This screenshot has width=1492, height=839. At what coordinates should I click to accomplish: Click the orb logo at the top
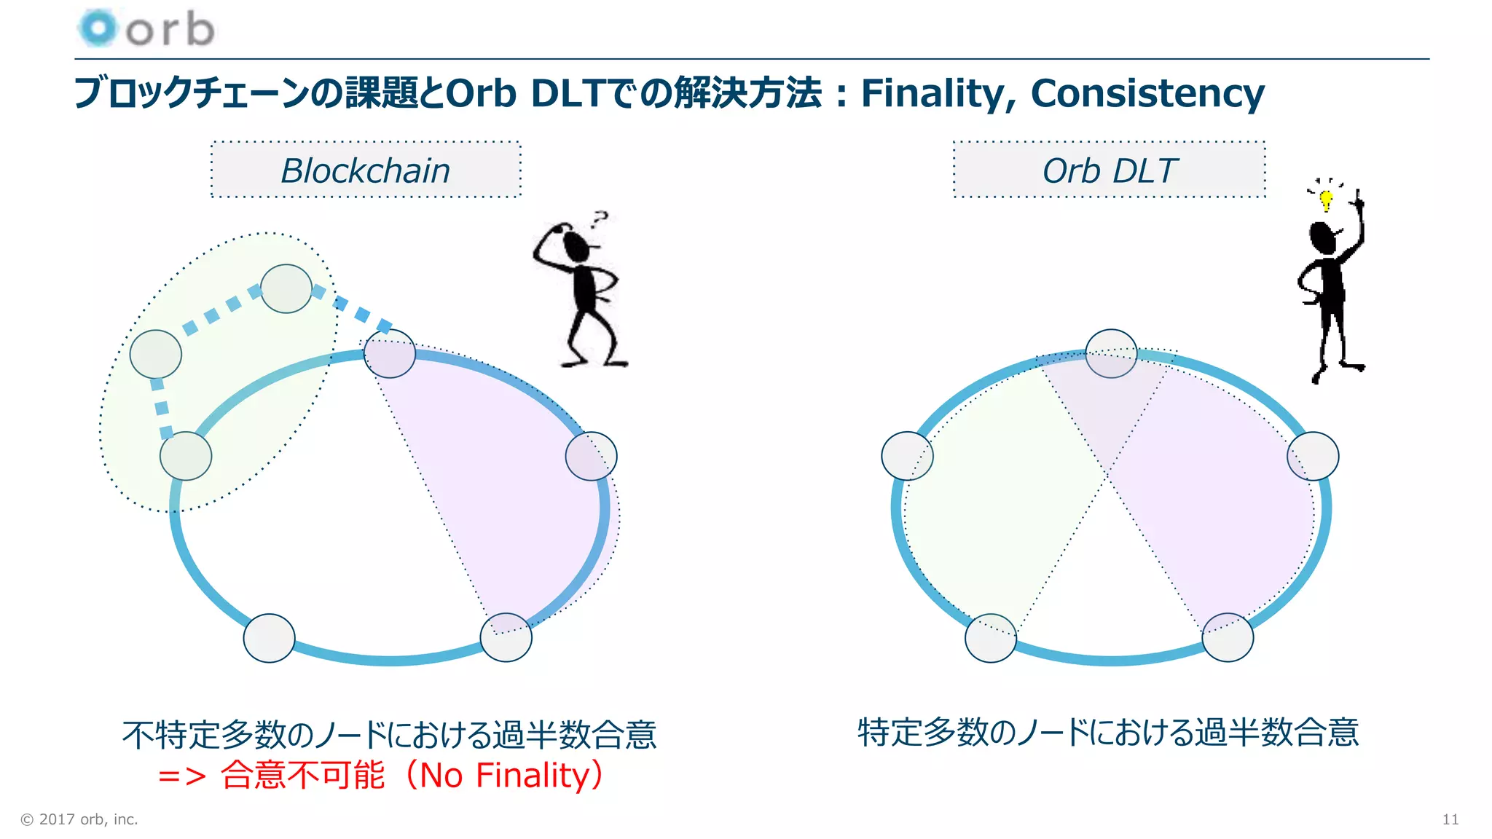pos(146,29)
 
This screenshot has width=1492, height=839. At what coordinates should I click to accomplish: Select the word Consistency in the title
pos(1147,93)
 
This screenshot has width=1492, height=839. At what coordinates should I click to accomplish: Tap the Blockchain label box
pos(366,170)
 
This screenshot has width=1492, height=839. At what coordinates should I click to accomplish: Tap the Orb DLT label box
pos(1109,170)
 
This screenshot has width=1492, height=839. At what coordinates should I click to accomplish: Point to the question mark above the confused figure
pos(600,218)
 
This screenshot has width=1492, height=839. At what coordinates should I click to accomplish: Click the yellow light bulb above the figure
pos(1326,199)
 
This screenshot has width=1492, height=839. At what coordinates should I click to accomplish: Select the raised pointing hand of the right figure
pos(1357,200)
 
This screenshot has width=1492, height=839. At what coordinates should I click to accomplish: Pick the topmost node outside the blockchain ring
pos(286,288)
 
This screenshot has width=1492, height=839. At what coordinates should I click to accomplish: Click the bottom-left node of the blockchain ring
pos(269,638)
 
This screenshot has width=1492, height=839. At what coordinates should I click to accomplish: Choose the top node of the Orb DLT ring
pos(1111,353)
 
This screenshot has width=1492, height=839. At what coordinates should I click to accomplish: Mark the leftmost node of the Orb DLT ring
pos(907,456)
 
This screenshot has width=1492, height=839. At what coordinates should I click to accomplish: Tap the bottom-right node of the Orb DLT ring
pos(1228,637)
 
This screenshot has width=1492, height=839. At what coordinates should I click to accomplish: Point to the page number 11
pos(1450,819)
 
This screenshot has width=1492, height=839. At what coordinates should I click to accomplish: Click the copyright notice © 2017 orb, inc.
pos(79,819)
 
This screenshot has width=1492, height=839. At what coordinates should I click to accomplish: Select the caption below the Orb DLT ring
pos(1107,732)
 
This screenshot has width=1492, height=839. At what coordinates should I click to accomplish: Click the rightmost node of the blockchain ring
pos(591,456)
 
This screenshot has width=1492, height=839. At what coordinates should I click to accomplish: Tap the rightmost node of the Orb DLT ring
pos(1313,456)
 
